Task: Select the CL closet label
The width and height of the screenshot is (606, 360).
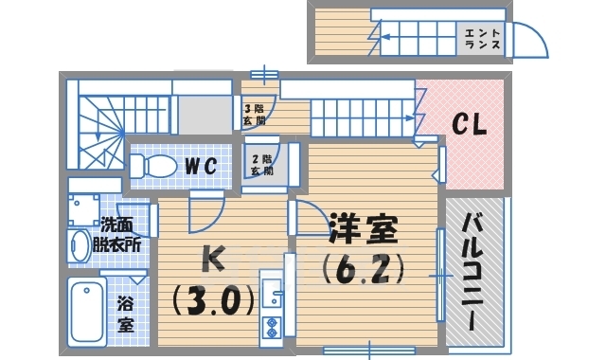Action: [468, 124]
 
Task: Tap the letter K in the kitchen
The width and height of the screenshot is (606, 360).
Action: [211, 259]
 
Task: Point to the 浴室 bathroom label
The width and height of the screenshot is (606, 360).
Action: [125, 315]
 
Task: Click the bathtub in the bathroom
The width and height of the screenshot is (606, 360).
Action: [88, 313]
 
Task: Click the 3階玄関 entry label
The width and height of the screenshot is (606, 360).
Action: [254, 115]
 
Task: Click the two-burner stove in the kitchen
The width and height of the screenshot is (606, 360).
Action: [271, 328]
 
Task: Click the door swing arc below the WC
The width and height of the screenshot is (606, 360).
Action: [205, 212]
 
